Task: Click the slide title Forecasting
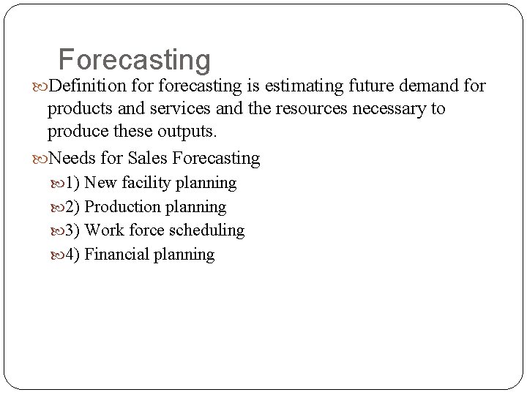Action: [x=134, y=60]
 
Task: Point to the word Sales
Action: [x=146, y=158]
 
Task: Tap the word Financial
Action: [x=116, y=255]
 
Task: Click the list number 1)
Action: [x=73, y=182]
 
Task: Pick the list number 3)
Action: [x=73, y=230]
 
